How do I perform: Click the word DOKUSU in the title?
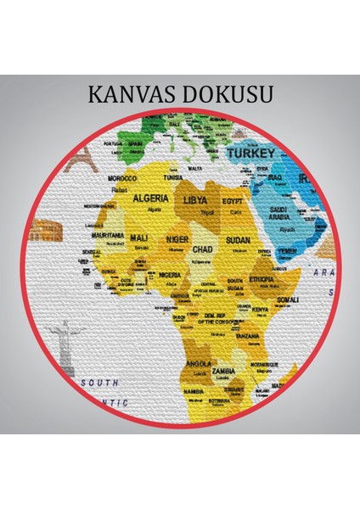(227, 93)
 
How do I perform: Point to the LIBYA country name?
(194, 199)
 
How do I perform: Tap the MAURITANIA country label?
(108, 235)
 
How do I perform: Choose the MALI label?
(138, 238)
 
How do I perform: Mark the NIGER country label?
(177, 239)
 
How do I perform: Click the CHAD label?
(203, 250)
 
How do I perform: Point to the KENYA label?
(261, 310)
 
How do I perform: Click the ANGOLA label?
(198, 363)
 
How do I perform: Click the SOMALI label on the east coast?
(287, 299)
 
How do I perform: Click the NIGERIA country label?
(170, 275)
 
